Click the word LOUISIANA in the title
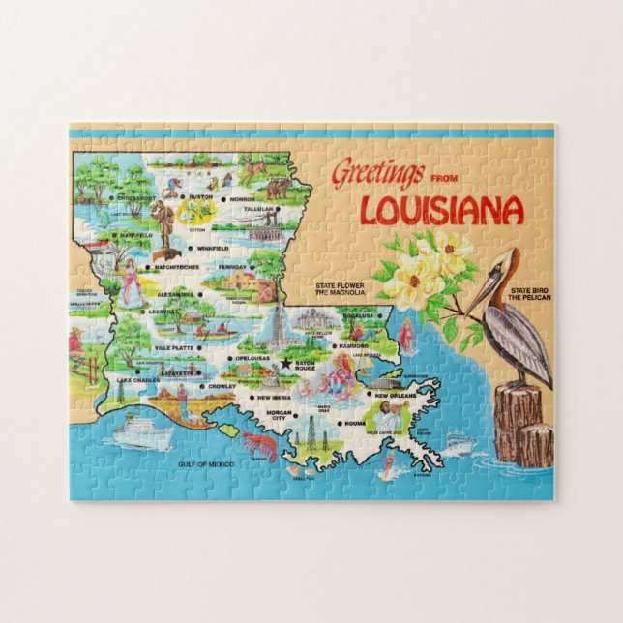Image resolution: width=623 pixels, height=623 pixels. point(441,209)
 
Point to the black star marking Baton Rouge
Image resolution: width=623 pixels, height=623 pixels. point(285,363)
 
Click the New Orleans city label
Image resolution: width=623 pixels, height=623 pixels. point(395,396)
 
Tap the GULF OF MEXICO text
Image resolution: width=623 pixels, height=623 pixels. point(207,464)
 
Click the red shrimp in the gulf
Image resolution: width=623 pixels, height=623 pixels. point(258,445)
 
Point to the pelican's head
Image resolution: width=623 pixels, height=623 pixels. point(504,262)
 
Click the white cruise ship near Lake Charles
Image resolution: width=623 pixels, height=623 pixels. point(140,430)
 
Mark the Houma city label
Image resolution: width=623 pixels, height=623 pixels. point(353,425)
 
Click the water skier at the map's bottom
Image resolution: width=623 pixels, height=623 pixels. point(389,471)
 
